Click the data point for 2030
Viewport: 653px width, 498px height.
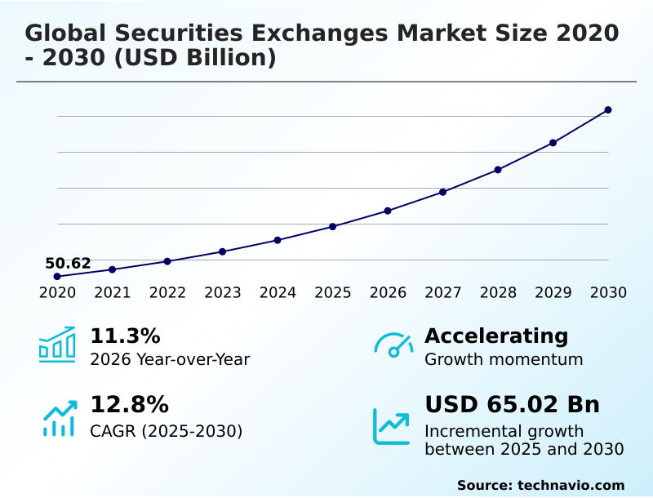(608, 109)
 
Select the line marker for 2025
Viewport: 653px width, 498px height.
(332, 226)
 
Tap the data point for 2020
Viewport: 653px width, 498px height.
(57, 276)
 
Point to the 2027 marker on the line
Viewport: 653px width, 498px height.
(442, 192)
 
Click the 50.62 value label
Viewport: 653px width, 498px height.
(68, 263)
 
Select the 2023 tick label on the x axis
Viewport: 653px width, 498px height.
(222, 292)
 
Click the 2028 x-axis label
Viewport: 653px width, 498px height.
(498, 292)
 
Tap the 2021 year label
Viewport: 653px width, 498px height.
(112, 292)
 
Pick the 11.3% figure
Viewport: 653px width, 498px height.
(125, 336)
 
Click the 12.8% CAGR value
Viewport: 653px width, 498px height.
(129, 404)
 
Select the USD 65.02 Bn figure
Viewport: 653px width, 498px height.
(512, 404)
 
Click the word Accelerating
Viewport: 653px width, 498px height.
(496, 336)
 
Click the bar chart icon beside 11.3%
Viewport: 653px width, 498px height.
(57, 345)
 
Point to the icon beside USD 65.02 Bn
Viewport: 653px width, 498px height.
(392, 425)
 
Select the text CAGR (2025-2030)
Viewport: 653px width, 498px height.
(166, 431)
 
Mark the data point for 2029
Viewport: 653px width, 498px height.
(553, 143)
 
